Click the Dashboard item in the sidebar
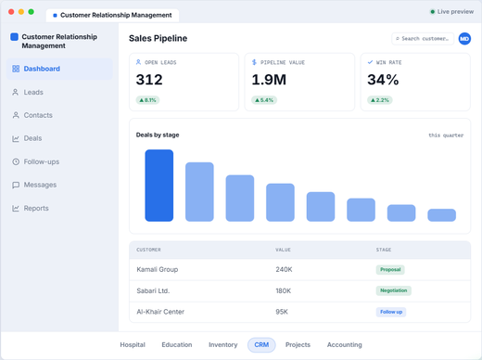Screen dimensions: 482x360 (59, 69)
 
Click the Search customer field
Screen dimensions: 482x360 (423, 39)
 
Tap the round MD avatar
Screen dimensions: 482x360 (464, 39)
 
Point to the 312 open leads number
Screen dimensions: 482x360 (149, 80)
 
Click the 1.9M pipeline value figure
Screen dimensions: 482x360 (269, 80)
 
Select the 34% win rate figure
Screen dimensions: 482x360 (383, 80)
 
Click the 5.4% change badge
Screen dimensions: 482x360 (264, 100)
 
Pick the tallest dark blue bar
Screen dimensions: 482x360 (159, 186)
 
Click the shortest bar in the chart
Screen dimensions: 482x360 (441, 215)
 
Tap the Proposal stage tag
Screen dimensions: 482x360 (390, 270)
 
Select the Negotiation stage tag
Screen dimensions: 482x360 (394, 290)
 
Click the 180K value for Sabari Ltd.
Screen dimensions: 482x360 (284, 291)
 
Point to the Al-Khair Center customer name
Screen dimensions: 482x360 (160, 312)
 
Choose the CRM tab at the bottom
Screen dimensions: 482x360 (261, 345)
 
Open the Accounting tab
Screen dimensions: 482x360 (345, 345)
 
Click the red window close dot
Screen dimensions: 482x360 (11, 12)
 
